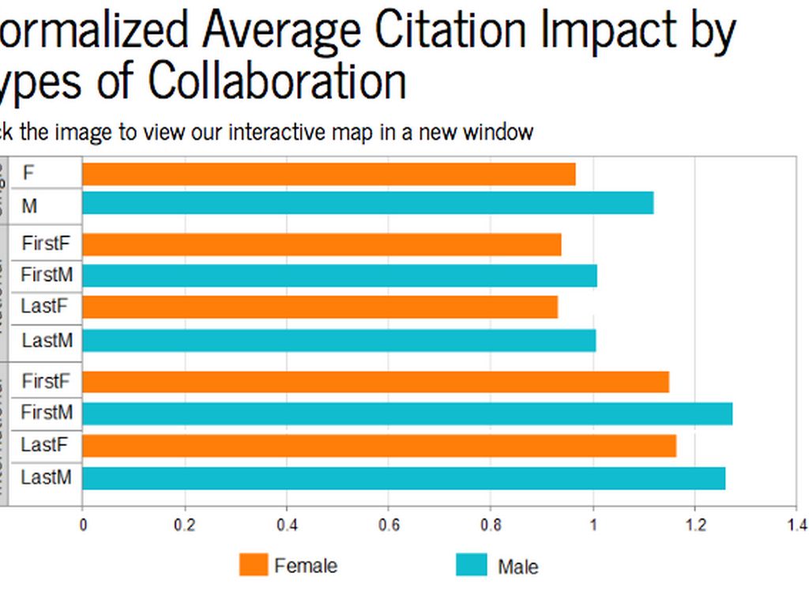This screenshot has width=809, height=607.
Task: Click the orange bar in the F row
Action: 329,174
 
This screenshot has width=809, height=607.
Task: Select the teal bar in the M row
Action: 367,203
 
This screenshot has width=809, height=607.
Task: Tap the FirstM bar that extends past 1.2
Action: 407,413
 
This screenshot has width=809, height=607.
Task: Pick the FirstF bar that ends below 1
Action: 322,244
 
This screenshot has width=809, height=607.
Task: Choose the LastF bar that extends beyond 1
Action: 379,446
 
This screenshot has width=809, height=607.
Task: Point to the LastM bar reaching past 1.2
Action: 404,478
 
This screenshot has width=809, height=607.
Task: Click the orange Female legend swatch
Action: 254,565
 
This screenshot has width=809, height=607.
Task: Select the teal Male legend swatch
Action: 471,565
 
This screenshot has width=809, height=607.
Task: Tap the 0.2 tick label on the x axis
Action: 185,525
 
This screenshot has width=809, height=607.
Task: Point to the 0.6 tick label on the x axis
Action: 389,525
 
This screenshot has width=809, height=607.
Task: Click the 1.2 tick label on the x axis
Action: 694,525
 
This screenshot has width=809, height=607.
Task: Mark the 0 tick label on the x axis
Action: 82,525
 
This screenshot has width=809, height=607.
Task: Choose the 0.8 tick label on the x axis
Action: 491,525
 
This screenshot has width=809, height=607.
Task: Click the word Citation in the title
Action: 451,29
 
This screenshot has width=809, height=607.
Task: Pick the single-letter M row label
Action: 29,206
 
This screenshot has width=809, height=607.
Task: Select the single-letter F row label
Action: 28,172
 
